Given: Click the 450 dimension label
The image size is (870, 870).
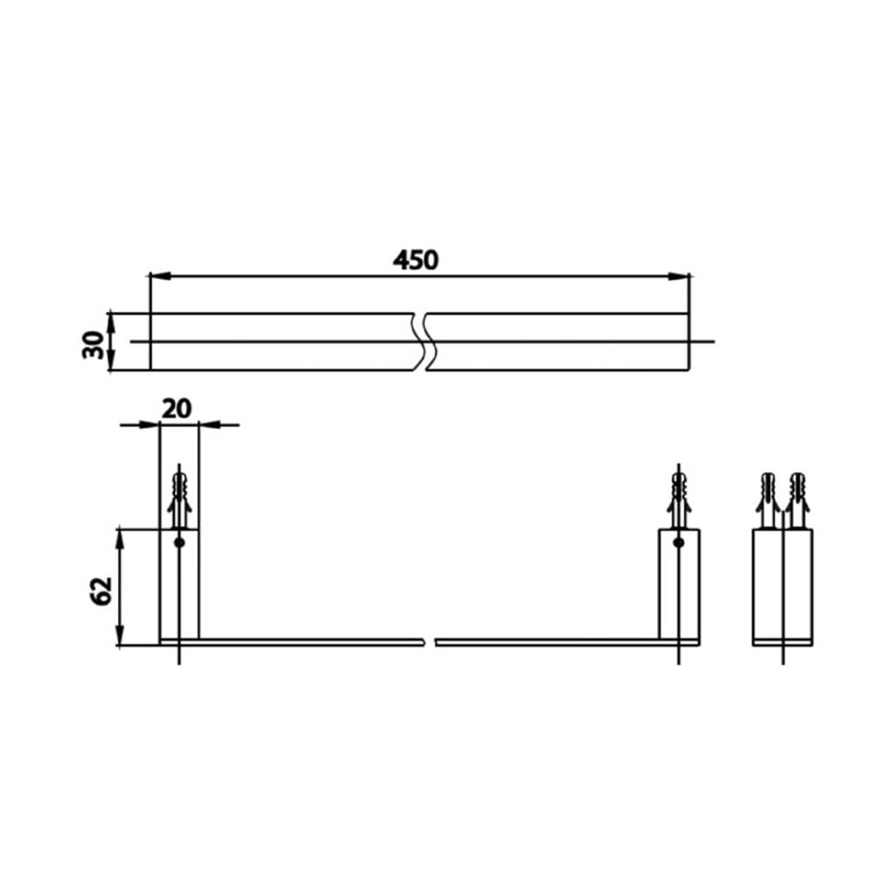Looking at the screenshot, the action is point(416,259).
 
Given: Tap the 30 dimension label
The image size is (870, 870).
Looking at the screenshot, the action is point(93,345).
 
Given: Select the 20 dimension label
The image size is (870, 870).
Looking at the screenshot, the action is point(177,409).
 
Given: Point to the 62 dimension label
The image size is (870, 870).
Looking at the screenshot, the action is point(101,591).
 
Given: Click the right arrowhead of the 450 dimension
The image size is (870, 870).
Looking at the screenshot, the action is point(679,276).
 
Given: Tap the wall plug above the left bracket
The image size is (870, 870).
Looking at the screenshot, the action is point(179,500).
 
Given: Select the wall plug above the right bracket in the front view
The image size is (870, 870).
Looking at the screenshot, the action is point(679,500).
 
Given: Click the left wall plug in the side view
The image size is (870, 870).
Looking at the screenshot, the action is point(768,500).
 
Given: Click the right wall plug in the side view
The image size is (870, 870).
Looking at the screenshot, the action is point(798,500).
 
